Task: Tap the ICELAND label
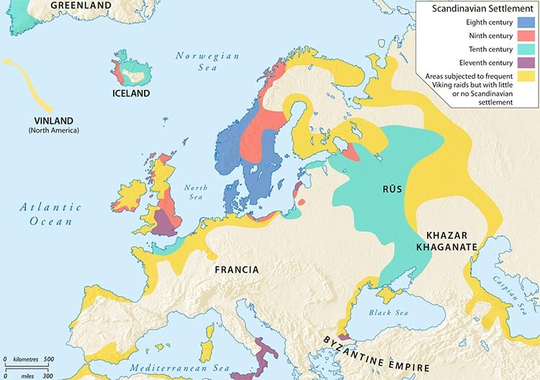(x=130, y=94)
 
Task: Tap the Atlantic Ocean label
(x=50, y=214)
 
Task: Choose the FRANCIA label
(x=237, y=269)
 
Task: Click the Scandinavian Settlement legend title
(x=477, y=9)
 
